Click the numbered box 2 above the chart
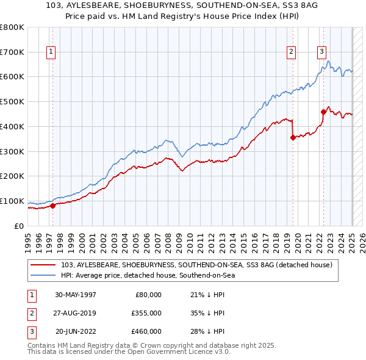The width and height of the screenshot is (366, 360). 292,52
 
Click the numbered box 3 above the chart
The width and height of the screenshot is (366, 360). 321,52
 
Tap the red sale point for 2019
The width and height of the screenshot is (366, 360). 293,137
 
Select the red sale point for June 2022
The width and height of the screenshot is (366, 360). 323,111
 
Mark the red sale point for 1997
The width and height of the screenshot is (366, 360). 52,206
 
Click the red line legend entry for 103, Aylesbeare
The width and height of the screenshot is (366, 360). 196,265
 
